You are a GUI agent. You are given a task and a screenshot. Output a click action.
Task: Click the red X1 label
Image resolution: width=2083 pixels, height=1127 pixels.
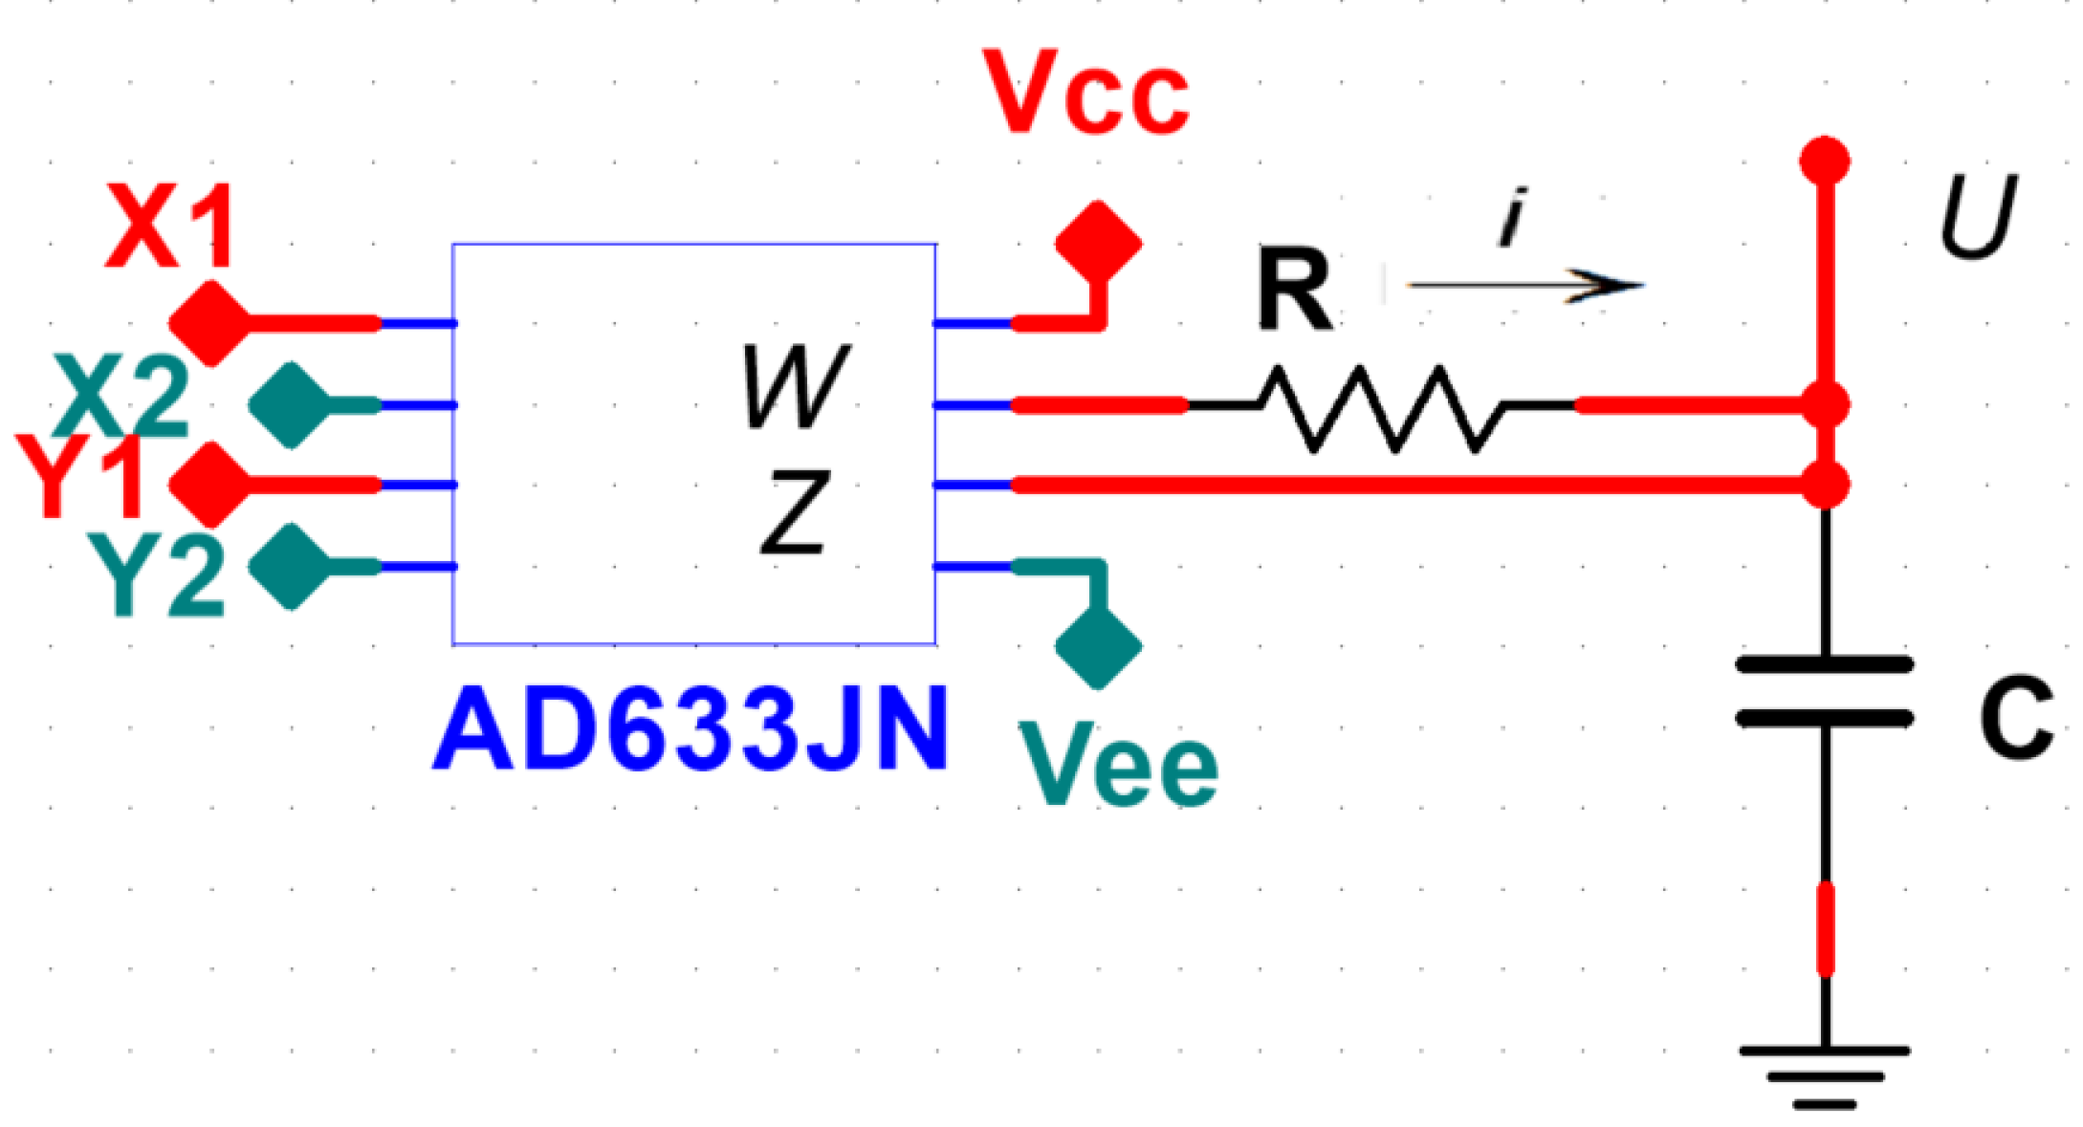170,227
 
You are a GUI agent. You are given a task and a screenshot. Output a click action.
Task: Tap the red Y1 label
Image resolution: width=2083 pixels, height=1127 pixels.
80,477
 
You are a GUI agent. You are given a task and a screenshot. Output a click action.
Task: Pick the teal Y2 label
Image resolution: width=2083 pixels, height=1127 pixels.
157,575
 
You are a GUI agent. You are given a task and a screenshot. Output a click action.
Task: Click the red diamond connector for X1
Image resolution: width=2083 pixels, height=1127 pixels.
209,323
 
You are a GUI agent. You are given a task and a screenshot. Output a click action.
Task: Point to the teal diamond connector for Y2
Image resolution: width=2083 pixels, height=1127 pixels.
290,567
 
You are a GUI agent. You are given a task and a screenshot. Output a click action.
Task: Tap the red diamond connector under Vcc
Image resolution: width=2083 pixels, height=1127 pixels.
1099,242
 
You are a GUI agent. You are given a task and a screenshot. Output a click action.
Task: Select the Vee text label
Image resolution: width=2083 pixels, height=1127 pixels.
1118,765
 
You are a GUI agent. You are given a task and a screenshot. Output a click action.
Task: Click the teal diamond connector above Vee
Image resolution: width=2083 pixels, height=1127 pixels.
1099,646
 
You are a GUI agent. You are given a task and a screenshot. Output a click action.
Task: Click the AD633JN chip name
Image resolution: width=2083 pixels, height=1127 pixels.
691,730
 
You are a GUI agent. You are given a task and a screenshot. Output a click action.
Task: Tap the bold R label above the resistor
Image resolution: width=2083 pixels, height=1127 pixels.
1294,289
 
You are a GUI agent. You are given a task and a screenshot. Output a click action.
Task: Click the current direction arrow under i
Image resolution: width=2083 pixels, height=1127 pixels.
1525,285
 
